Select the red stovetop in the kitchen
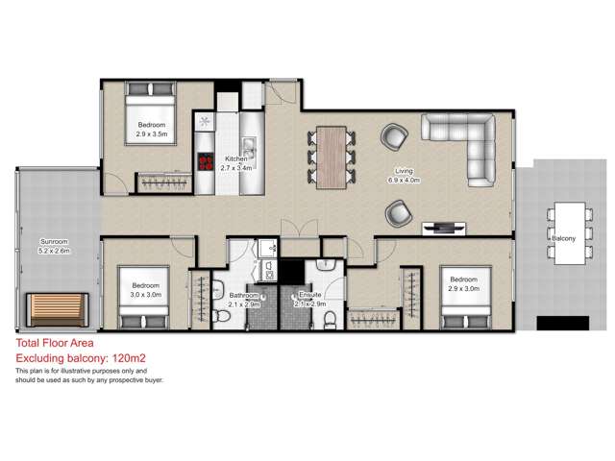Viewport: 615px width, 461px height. (x=206, y=161)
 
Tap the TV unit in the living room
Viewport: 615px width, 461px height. (x=443, y=228)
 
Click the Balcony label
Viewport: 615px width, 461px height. (x=562, y=234)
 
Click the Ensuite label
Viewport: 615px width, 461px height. (x=309, y=296)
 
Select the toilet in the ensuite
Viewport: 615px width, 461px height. (x=330, y=319)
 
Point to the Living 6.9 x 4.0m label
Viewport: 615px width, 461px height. (x=403, y=176)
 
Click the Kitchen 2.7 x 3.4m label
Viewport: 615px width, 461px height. (x=236, y=163)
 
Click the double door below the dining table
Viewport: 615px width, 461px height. (x=294, y=230)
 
